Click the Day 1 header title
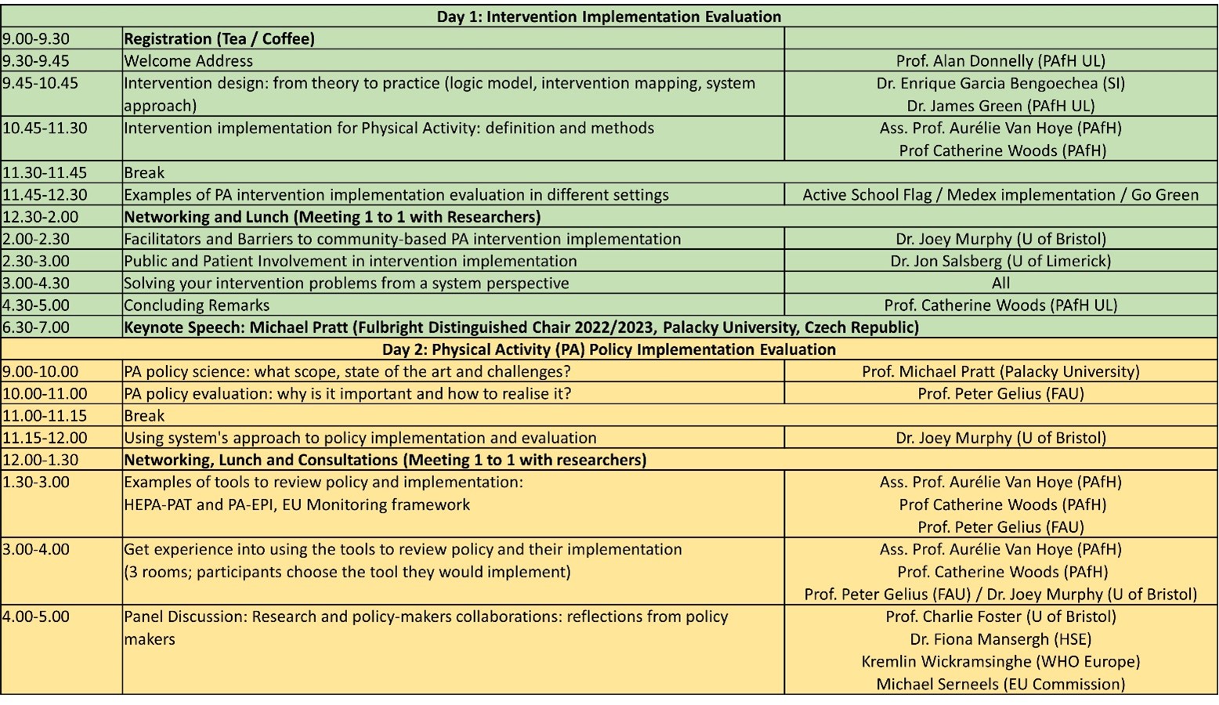pyautogui.click(x=609, y=16)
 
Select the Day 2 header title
pyautogui.click(x=609, y=349)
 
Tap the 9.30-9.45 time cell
pyautogui.click(x=35, y=61)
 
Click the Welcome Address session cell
pyautogui.click(x=189, y=61)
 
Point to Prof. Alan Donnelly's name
pyautogui.click(x=1000, y=61)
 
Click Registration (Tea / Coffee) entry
pyautogui.click(x=219, y=39)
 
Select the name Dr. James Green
pyautogui.click(x=1000, y=106)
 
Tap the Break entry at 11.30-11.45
pyautogui.click(x=144, y=172)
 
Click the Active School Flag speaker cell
pyautogui.click(x=1000, y=195)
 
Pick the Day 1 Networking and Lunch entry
pyautogui.click(x=332, y=217)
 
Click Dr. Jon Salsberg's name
pyautogui.click(x=1000, y=261)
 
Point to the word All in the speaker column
pyautogui.click(x=1000, y=283)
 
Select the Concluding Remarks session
pyautogui.click(x=197, y=305)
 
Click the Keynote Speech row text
pyautogui.click(x=521, y=327)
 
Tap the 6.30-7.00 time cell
pyautogui.click(x=35, y=327)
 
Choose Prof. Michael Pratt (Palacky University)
pyautogui.click(x=1000, y=371)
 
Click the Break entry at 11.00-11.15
pyautogui.click(x=144, y=416)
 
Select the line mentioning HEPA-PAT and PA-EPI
pyautogui.click(x=297, y=504)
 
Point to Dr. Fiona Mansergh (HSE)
pyautogui.click(x=1000, y=639)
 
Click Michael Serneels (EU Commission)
pyautogui.click(x=1000, y=684)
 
